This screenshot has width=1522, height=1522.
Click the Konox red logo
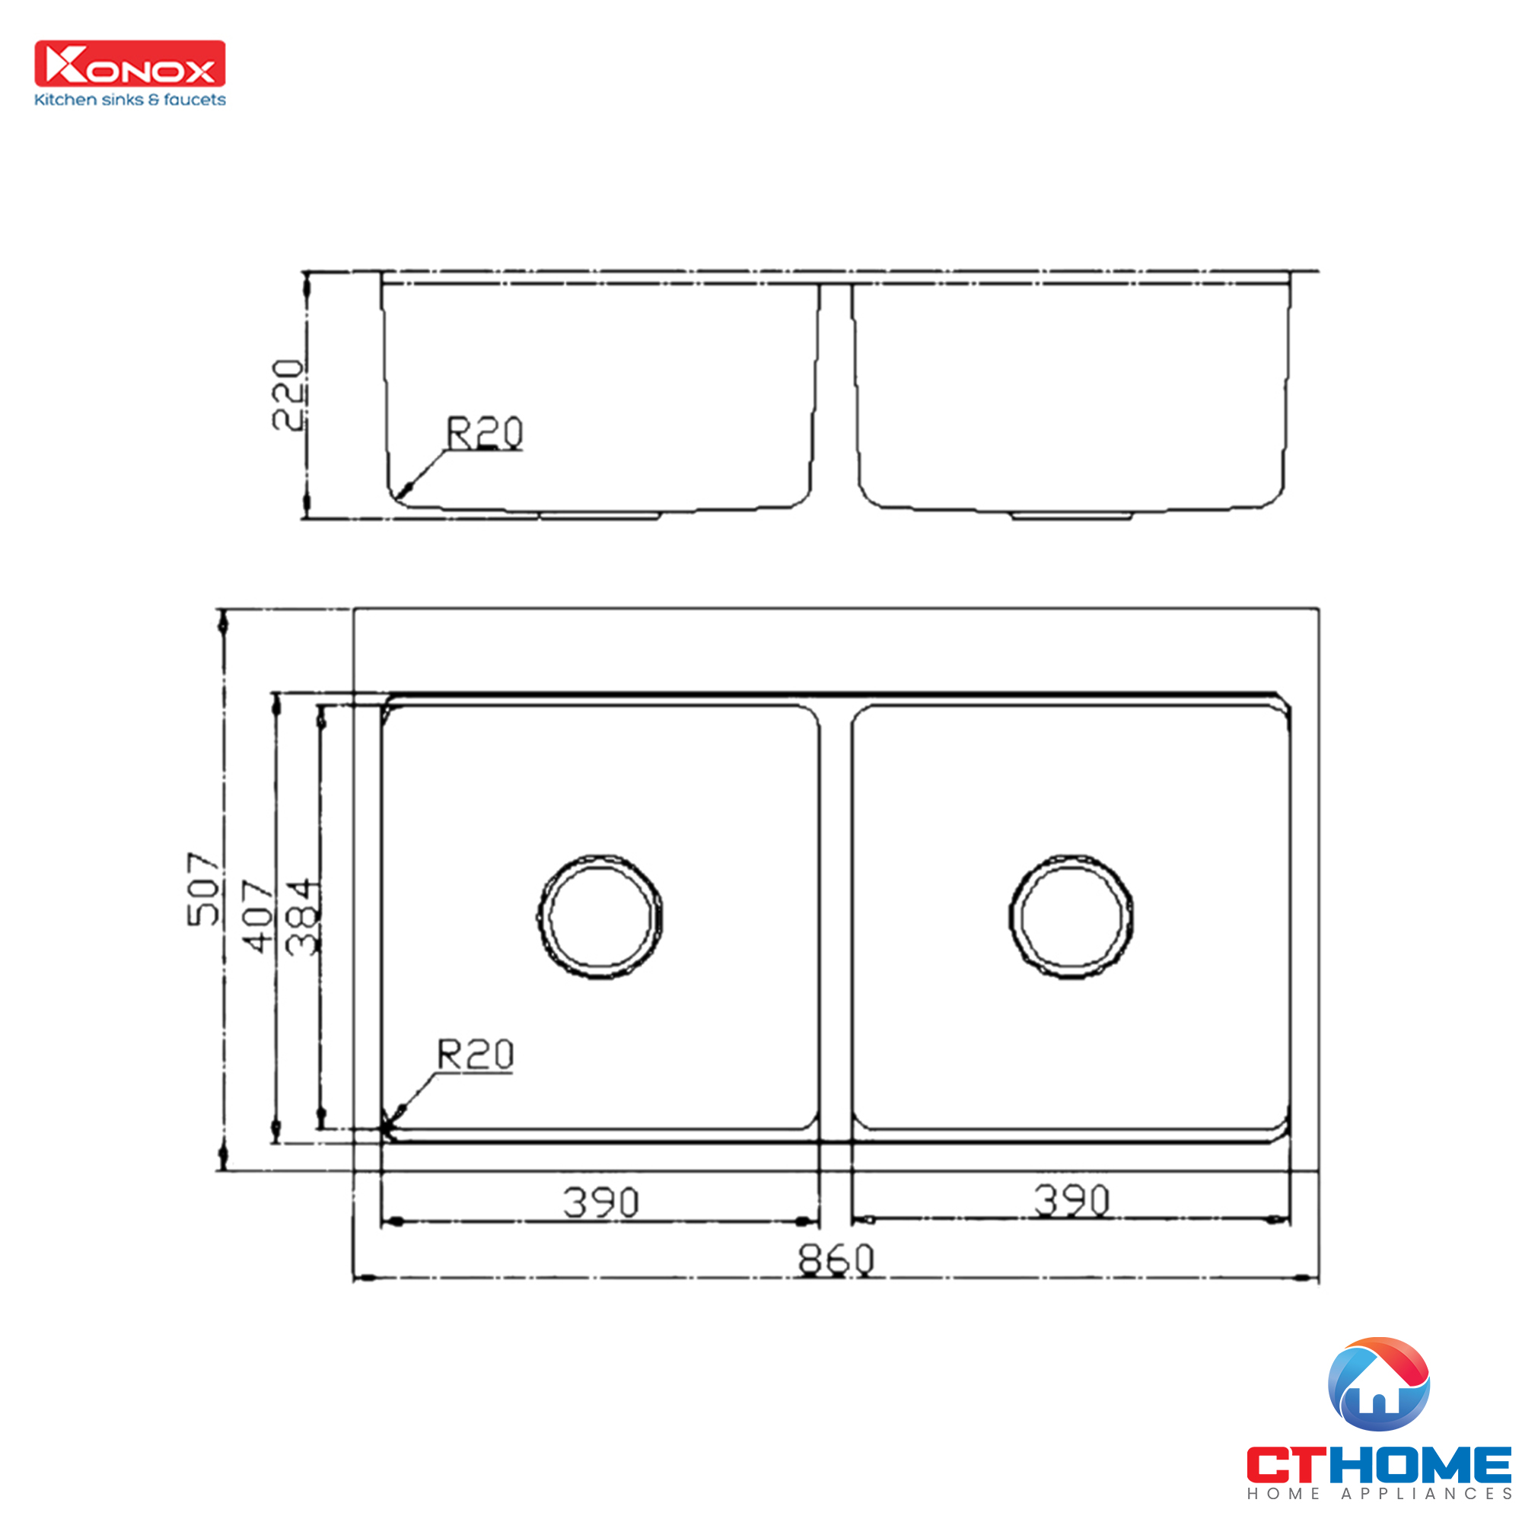[130, 64]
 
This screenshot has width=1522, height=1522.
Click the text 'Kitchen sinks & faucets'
[130, 100]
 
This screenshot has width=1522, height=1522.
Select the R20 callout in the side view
[484, 432]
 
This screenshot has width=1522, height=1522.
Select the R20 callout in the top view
[475, 1054]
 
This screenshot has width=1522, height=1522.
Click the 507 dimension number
[202, 888]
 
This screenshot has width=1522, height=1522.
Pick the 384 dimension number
[303, 917]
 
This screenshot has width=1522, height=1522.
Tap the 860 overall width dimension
[835, 1259]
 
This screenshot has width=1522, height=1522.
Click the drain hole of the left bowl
[600, 917]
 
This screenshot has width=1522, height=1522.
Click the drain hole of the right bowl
[1071, 915]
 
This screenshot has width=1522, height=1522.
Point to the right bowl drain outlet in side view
[1071, 516]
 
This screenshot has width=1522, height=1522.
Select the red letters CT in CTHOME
[1291, 1464]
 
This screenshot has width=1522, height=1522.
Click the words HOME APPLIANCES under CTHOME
[1379, 1494]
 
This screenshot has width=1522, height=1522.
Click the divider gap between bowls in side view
[835, 394]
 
